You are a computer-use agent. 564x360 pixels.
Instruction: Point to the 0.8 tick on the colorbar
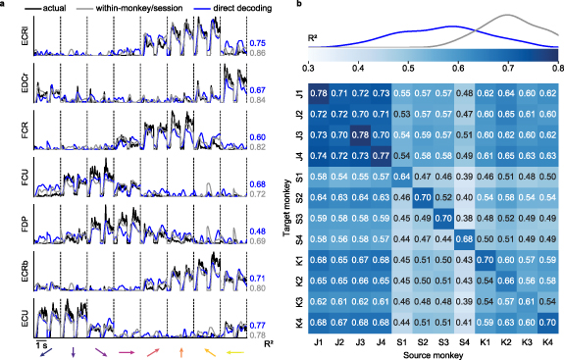coord(558,70)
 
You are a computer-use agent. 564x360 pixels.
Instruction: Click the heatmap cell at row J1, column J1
coord(319,93)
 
